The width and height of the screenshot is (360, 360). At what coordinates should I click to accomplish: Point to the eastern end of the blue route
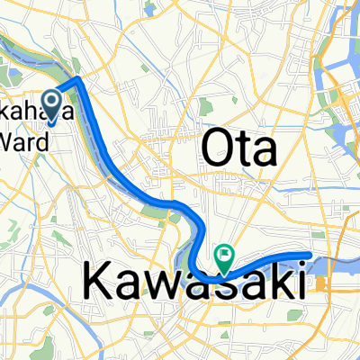click(x=309, y=256)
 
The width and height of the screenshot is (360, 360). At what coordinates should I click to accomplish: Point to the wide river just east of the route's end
click(x=337, y=264)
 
